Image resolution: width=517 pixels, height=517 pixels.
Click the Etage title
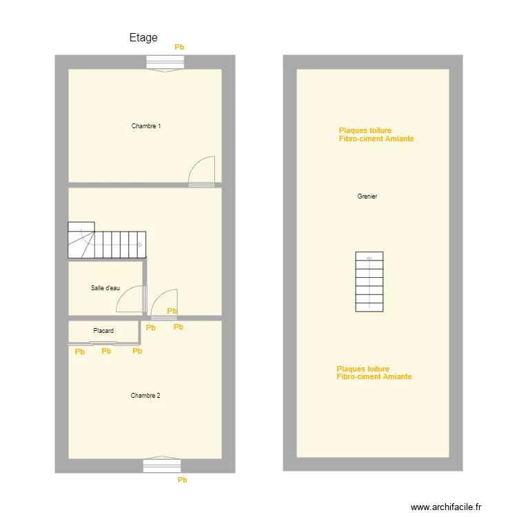(x=143, y=38)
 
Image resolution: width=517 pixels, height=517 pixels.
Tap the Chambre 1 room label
(x=146, y=126)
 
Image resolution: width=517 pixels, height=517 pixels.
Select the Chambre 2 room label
(x=145, y=396)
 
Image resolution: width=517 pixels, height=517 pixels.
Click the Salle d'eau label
(x=105, y=288)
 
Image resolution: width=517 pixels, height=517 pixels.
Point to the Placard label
(x=103, y=332)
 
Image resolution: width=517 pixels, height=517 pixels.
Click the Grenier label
(x=367, y=196)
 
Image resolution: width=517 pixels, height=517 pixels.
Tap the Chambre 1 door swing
(x=203, y=170)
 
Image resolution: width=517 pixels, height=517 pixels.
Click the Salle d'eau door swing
(x=131, y=300)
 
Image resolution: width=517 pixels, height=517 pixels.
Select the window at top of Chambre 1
(x=165, y=62)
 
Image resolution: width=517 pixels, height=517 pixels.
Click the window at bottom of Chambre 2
(x=162, y=465)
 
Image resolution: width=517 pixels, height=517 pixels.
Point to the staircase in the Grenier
(x=369, y=281)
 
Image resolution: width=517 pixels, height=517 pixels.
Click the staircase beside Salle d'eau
(x=107, y=241)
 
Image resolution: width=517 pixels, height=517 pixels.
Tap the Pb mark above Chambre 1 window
(x=179, y=48)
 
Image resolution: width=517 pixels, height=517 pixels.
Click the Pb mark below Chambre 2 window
(x=183, y=480)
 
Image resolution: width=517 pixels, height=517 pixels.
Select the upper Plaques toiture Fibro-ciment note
(x=376, y=134)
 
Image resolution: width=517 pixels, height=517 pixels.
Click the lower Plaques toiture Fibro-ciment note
(x=374, y=373)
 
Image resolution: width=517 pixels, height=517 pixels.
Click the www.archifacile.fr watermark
(x=447, y=507)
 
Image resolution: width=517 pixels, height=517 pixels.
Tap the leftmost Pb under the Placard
(x=80, y=352)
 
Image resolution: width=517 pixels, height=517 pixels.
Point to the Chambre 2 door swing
(x=164, y=304)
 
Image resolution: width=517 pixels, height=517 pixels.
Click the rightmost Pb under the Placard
(x=137, y=351)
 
